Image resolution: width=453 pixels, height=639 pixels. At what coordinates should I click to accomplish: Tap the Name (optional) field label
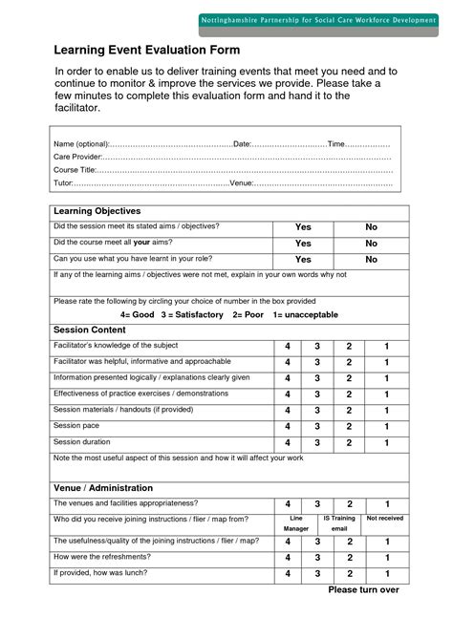(x=82, y=143)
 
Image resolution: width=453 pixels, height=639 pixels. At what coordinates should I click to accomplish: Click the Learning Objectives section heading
(x=97, y=211)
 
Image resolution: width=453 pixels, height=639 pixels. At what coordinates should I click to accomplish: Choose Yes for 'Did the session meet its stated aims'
(x=303, y=227)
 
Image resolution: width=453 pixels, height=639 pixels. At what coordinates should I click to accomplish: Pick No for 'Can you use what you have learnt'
(x=372, y=260)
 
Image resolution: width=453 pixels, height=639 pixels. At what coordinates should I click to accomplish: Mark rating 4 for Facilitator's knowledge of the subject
(x=288, y=346)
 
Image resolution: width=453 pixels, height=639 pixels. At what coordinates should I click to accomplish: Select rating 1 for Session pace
(x=386, y=427)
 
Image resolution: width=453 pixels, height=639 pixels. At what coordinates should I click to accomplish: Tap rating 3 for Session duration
(x=318, y=443)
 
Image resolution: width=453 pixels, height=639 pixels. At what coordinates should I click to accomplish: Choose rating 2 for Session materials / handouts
(x=349, y=411)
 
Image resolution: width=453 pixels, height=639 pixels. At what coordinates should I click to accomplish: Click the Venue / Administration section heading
(x=103, y=488)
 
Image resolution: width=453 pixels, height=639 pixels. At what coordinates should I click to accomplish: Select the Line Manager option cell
(x=296, y=522)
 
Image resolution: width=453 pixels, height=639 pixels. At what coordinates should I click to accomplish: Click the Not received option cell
(x=385, y=519)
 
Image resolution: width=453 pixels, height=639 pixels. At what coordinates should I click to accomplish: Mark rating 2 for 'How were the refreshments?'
(x=349, y=557)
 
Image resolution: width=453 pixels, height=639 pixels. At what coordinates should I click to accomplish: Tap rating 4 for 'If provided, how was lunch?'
(x=288, y=574)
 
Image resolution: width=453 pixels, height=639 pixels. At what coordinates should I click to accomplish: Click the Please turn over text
(x=364, y=590)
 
